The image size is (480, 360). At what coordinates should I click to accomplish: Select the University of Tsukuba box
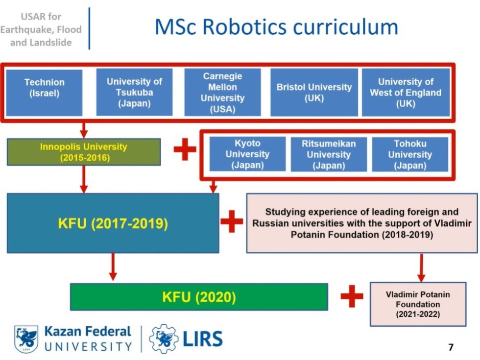[134, 93]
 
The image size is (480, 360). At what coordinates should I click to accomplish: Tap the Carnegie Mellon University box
[222, 93]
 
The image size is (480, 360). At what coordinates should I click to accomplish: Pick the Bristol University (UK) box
[314, 93]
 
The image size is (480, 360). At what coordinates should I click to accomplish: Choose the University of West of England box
[406, 93]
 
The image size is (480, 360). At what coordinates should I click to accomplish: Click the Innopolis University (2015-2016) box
[84, 152]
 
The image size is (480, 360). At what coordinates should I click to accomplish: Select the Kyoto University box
[247, 154]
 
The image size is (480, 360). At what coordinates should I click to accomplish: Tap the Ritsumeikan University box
[329, 154]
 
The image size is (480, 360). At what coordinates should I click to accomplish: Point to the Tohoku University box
[410, 154]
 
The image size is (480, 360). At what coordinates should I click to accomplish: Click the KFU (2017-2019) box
[113, 223]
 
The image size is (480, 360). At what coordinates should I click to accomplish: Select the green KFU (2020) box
[199, 297]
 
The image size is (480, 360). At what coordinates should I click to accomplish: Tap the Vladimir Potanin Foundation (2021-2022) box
[418, 304]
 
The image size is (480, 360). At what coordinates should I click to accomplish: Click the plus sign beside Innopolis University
[185, 149]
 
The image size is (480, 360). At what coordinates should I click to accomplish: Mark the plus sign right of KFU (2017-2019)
[232, 223]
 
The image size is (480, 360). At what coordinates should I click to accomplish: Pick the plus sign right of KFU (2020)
[352, 297]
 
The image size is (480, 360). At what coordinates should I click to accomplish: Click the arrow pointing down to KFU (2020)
[113, 267]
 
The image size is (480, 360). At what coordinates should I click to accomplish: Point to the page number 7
[451, 347]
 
